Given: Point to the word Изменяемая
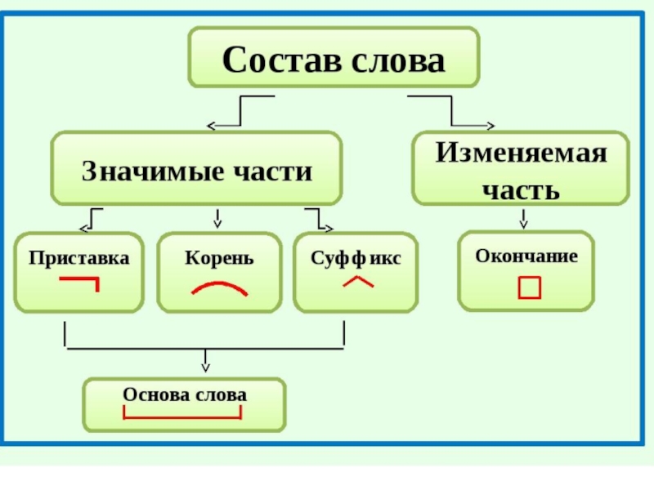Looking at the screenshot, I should click(x=521, y=154).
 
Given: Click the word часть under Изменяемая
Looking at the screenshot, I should click(x=521, y=189).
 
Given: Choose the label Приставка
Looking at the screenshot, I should click(x=79, y=258).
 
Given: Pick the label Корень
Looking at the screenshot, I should click(x=219, y=258).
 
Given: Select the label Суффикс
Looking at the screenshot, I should click(x=356, y=258).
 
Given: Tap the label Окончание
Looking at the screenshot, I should click(x=526, y=256).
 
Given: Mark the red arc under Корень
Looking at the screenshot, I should click(x=219, y=287).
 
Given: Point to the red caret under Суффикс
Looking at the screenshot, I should click(x=358, y=282).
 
